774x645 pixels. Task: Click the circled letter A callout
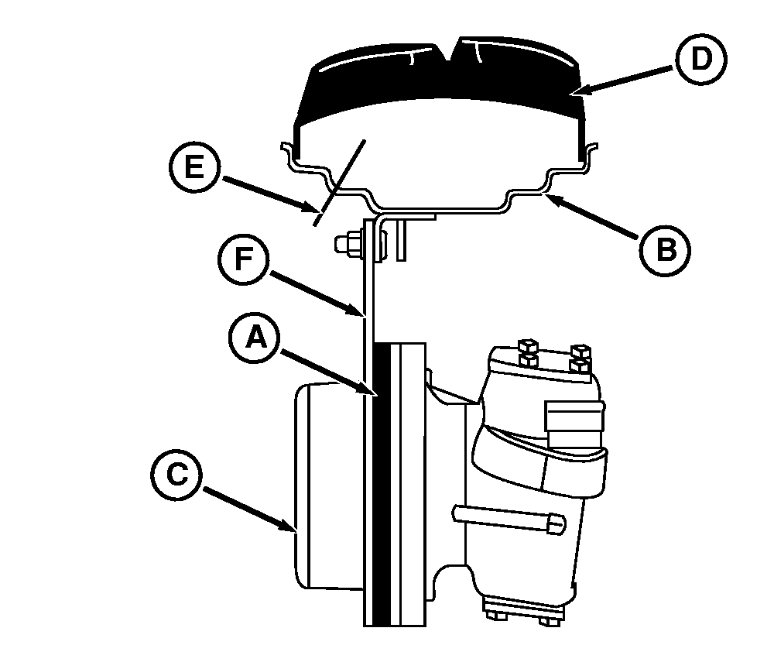pyautogui.click(x=255, y=338)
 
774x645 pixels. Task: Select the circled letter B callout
pyautogui.click(x=666, y=250)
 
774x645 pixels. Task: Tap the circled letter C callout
pyautogui.click(x=176, y=475)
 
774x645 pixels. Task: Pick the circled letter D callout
pyautogui.click(x=701, y=59)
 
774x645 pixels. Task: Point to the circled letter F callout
pyautogui.click(x=244, y=259)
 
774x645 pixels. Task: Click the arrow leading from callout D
pyautogui.click(x=625, y=80)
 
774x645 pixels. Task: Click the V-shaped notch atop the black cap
pyautogui.click(x=448, y=50)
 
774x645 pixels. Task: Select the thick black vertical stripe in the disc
pyautogui.click(x=382, y=485)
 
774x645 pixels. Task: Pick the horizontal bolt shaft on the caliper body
pyautogui.click(x=509, y=520)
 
